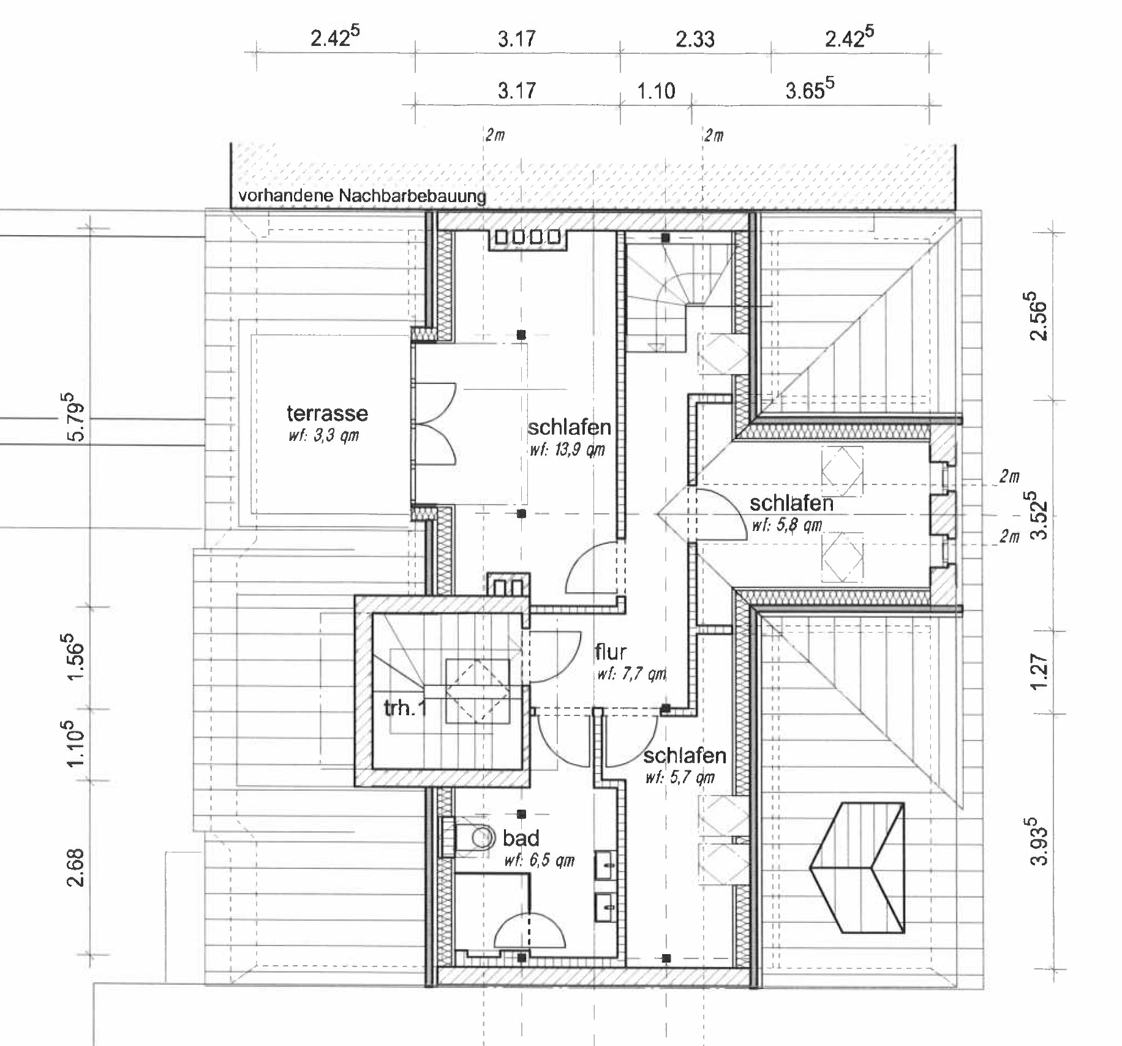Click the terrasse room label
point(327,413)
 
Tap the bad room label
point(521,838)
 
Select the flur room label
point(611,652)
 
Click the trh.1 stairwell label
point(404,709)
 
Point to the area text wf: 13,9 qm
point(567,450)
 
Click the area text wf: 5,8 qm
point(786,525)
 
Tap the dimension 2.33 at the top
point(695,40)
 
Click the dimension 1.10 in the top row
point(656,91)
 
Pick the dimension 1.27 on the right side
point(1039,672)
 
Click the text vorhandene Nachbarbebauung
point(362,197)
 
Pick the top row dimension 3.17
point(516,40)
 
